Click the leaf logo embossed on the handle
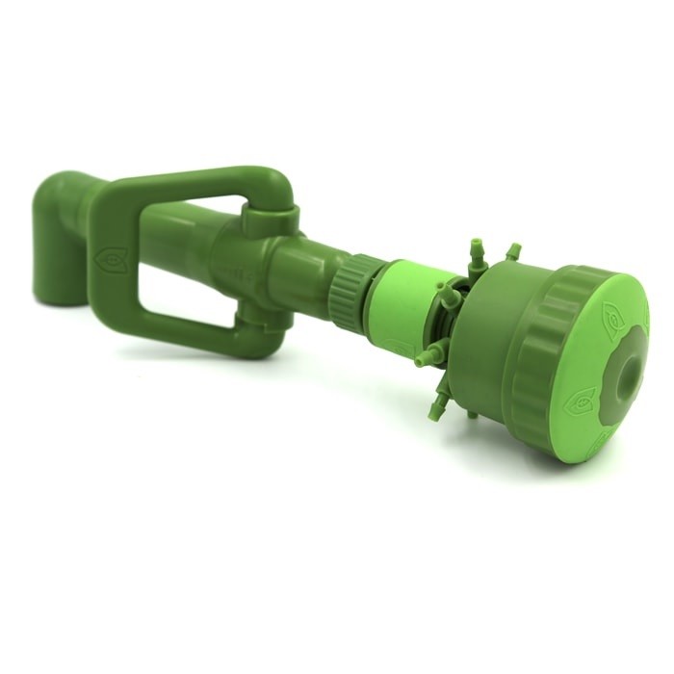coord(109,259)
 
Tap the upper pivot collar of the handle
coord(268,214)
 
